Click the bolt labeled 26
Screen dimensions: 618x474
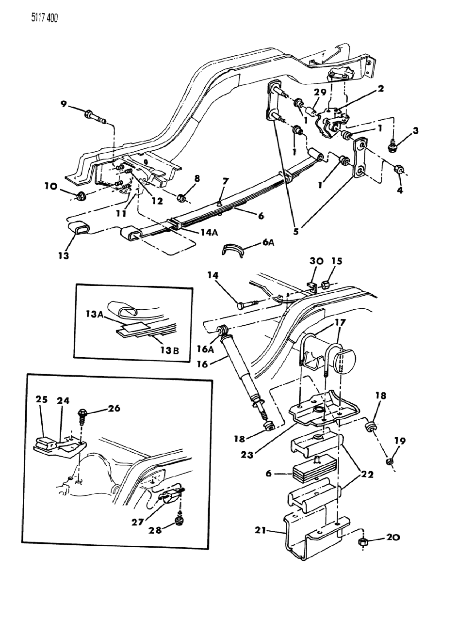click(82, 415)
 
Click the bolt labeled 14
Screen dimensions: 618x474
click(251, 304)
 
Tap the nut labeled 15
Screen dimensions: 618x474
click(326, 284)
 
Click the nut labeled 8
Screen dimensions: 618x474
click(183, 197)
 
